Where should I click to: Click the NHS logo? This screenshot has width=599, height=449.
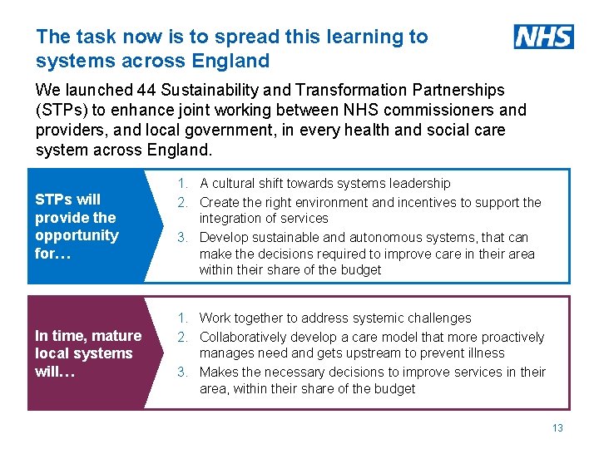(544, 37)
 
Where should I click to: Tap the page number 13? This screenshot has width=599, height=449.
(557, 427)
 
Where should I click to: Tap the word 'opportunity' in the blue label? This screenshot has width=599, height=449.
(77, 235)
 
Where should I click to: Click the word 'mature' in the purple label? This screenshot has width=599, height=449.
(113, 336)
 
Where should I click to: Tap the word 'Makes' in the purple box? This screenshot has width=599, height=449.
(218, 372)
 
